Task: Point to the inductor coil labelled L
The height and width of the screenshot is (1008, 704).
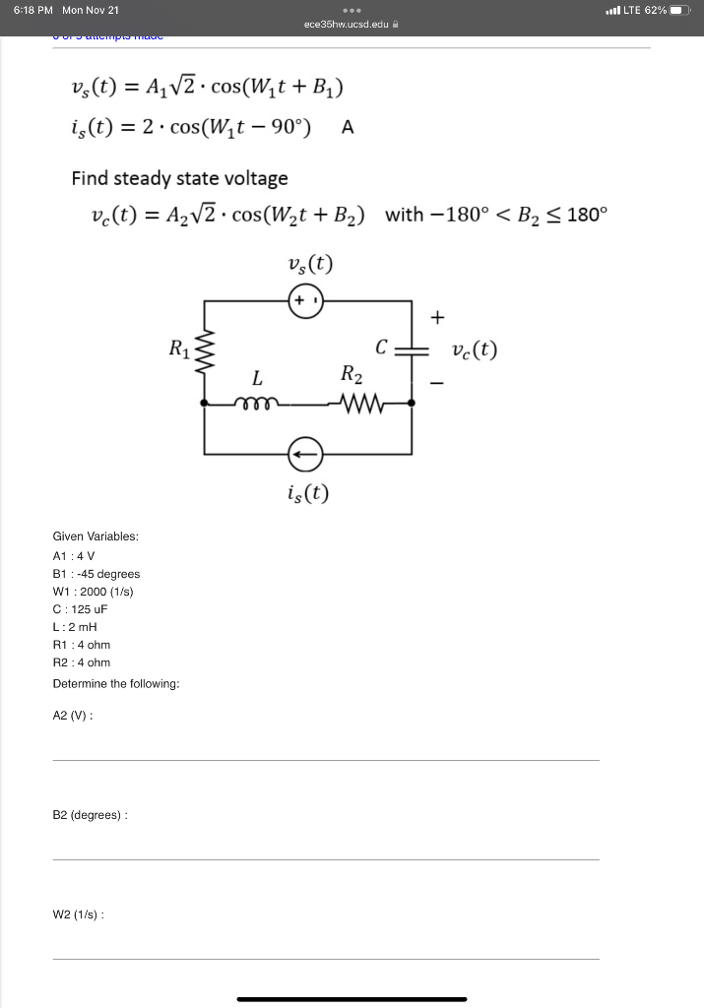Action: coord(257,402)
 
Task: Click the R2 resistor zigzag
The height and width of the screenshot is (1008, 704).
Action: coord(352,402)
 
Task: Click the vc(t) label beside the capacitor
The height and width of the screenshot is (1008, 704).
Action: coord(475,349)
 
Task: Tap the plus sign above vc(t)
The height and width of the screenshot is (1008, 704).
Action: coord(438,317)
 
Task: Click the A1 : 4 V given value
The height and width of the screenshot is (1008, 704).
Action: coord(73,555)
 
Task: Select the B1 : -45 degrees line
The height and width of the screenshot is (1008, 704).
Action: coord(96,574)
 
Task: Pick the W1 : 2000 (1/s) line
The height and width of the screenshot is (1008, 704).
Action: coord(93,592)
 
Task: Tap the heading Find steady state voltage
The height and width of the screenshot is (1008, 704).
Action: coord(179,178)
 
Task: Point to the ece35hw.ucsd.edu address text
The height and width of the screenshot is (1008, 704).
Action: coord(346,24)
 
